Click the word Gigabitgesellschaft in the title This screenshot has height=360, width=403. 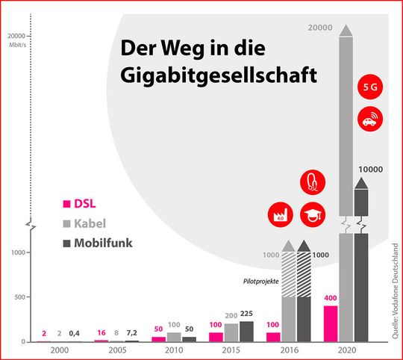217,76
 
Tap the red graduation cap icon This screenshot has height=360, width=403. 312,214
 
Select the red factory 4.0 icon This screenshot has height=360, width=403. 280,214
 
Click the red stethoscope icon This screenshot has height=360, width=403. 312,181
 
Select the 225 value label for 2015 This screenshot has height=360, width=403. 248,314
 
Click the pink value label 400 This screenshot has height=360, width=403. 331,299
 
